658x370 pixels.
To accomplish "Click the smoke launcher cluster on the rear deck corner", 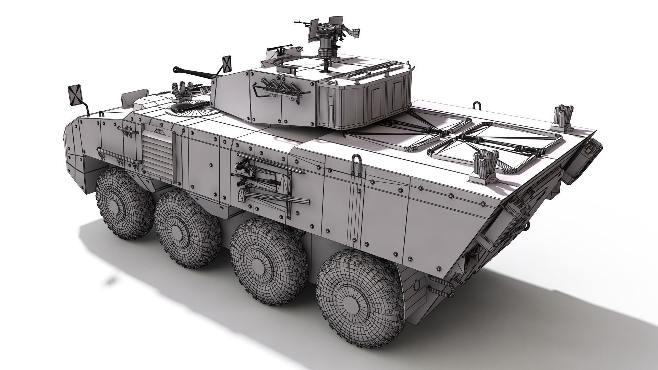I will [x=562, y=116].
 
